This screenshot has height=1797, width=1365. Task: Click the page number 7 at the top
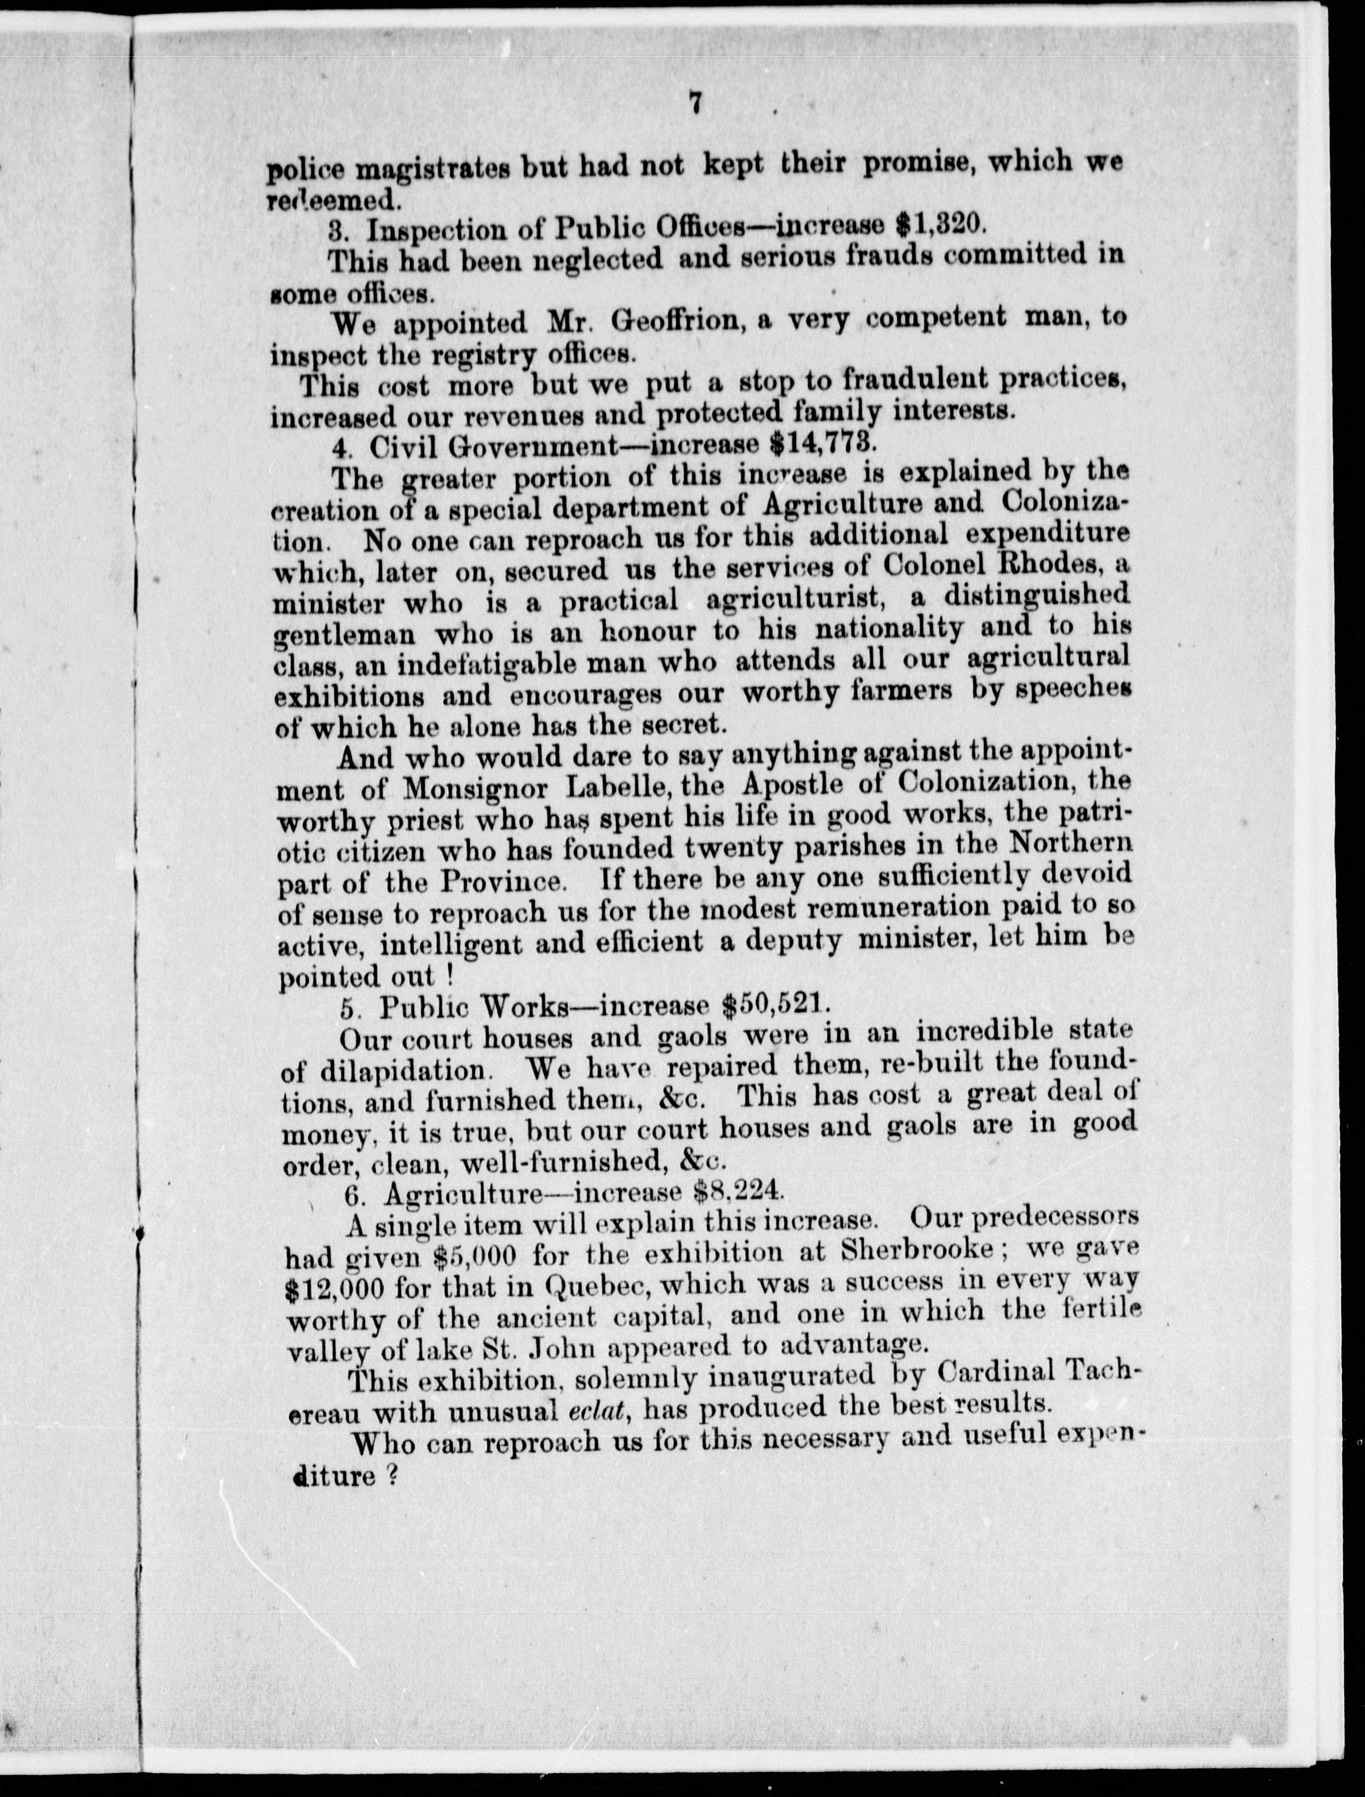[x=695, y=104]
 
